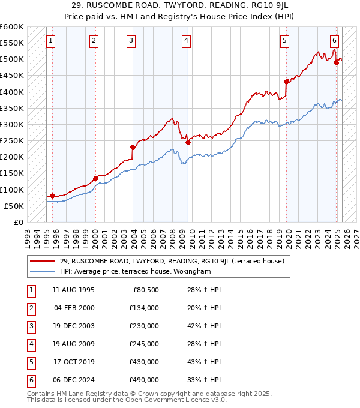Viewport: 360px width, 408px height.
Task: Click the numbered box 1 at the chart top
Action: point(50,41)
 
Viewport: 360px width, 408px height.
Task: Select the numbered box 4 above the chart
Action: point(187,41)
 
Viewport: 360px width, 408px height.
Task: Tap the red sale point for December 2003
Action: point(133,147)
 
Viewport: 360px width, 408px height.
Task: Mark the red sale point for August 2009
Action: point(188,142)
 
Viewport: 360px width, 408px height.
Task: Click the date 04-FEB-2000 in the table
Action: point(74,308)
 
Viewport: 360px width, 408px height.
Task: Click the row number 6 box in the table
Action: point(31,380)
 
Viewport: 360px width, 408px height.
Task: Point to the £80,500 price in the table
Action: point(145,290)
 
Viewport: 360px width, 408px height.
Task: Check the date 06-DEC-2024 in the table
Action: point(74,380)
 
